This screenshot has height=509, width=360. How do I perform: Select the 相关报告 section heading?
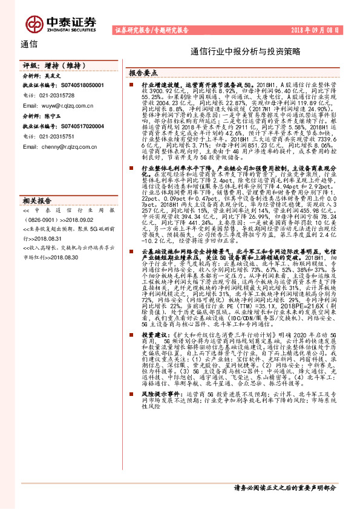[x=36, y=199]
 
